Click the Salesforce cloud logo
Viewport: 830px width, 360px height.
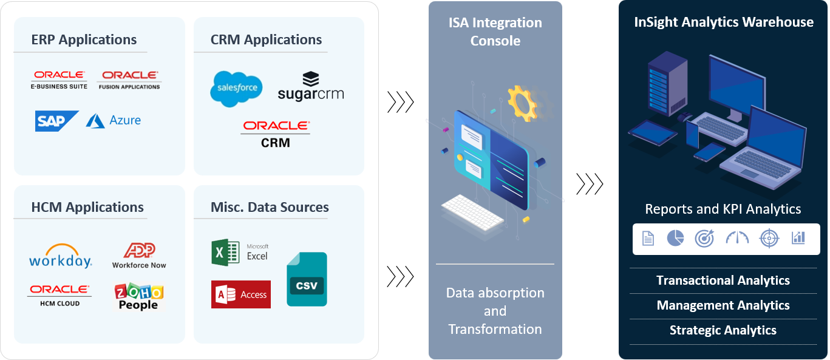tap(236, 89)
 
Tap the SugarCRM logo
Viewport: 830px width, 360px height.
tap(310, 87)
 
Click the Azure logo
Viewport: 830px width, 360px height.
tap(114, 121)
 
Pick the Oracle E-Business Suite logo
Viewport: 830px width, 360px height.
tap(59, 80)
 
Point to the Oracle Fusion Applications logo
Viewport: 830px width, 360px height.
tap(130, 80)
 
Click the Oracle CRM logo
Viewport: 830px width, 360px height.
tap(276, 134)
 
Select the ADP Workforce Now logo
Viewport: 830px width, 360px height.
tap(139, 256)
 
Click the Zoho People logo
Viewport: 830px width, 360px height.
tap(139, 296)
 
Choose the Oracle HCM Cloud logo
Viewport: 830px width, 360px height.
tap(60, 294)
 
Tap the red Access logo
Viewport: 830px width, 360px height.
tap(240, 294)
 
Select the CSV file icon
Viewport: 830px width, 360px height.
tap(307, 279)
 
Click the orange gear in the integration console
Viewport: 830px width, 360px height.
tap(522, 103)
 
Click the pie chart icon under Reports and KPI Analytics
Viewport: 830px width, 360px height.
tap(675, 239)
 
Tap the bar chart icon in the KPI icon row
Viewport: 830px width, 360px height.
tap(798, 239)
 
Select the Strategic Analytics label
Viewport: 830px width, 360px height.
tap(723, 330)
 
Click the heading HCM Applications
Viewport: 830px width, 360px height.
tap(87, 208)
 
